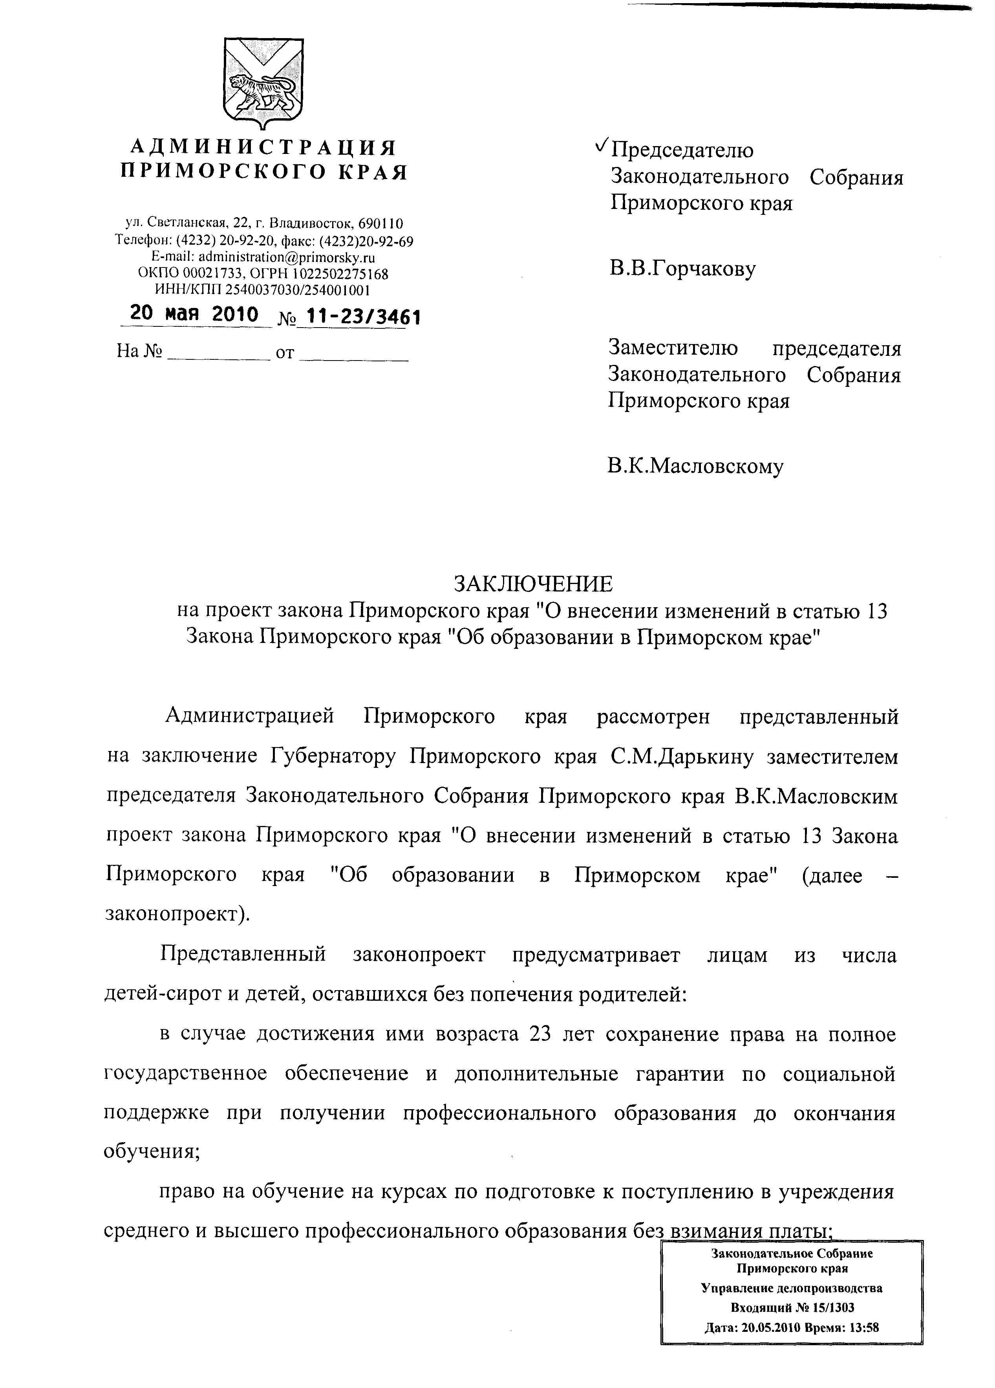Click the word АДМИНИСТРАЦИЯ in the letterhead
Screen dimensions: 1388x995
(264, 148)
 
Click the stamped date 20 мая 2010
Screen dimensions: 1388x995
(195, 314)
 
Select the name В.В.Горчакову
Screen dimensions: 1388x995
(682, 269)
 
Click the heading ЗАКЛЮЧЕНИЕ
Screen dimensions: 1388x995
(532, 584)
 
